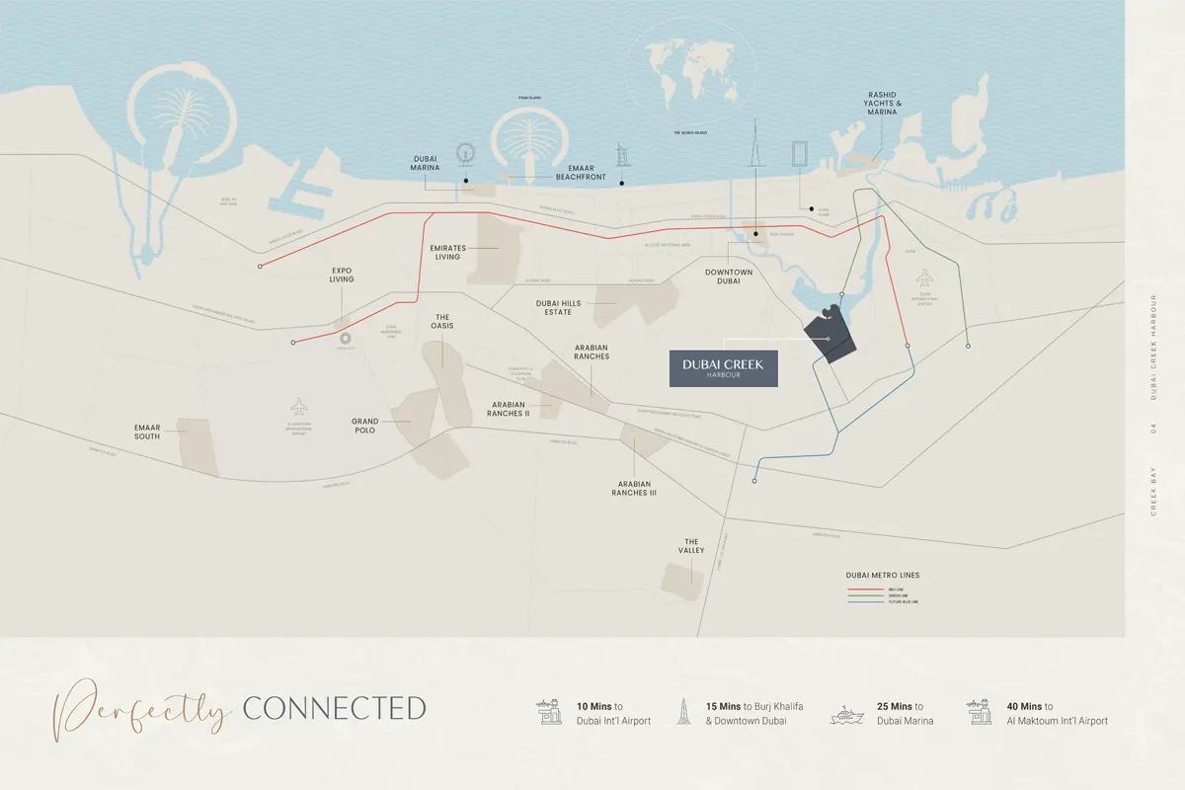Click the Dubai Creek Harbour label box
pos(723,368)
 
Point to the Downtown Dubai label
pos(729,276)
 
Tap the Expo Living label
pos(342,275)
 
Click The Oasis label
pos(441,323)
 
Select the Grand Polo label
pos(365,427)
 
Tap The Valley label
pos(691,546)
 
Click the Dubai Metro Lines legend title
pos(882,575)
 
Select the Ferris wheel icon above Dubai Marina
pos(465,154)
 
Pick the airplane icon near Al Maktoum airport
pos(299,406)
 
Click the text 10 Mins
pos(594,706)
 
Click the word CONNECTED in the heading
pos(334,708)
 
